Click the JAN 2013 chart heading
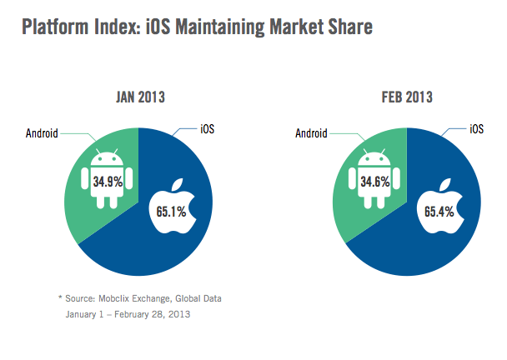click(x=140, y=97)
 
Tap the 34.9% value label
click(x=108, y=179)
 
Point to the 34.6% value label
click(x=376, y=179)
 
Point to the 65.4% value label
click(x=439, y=212)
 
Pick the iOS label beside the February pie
click(x=476, y=128)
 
